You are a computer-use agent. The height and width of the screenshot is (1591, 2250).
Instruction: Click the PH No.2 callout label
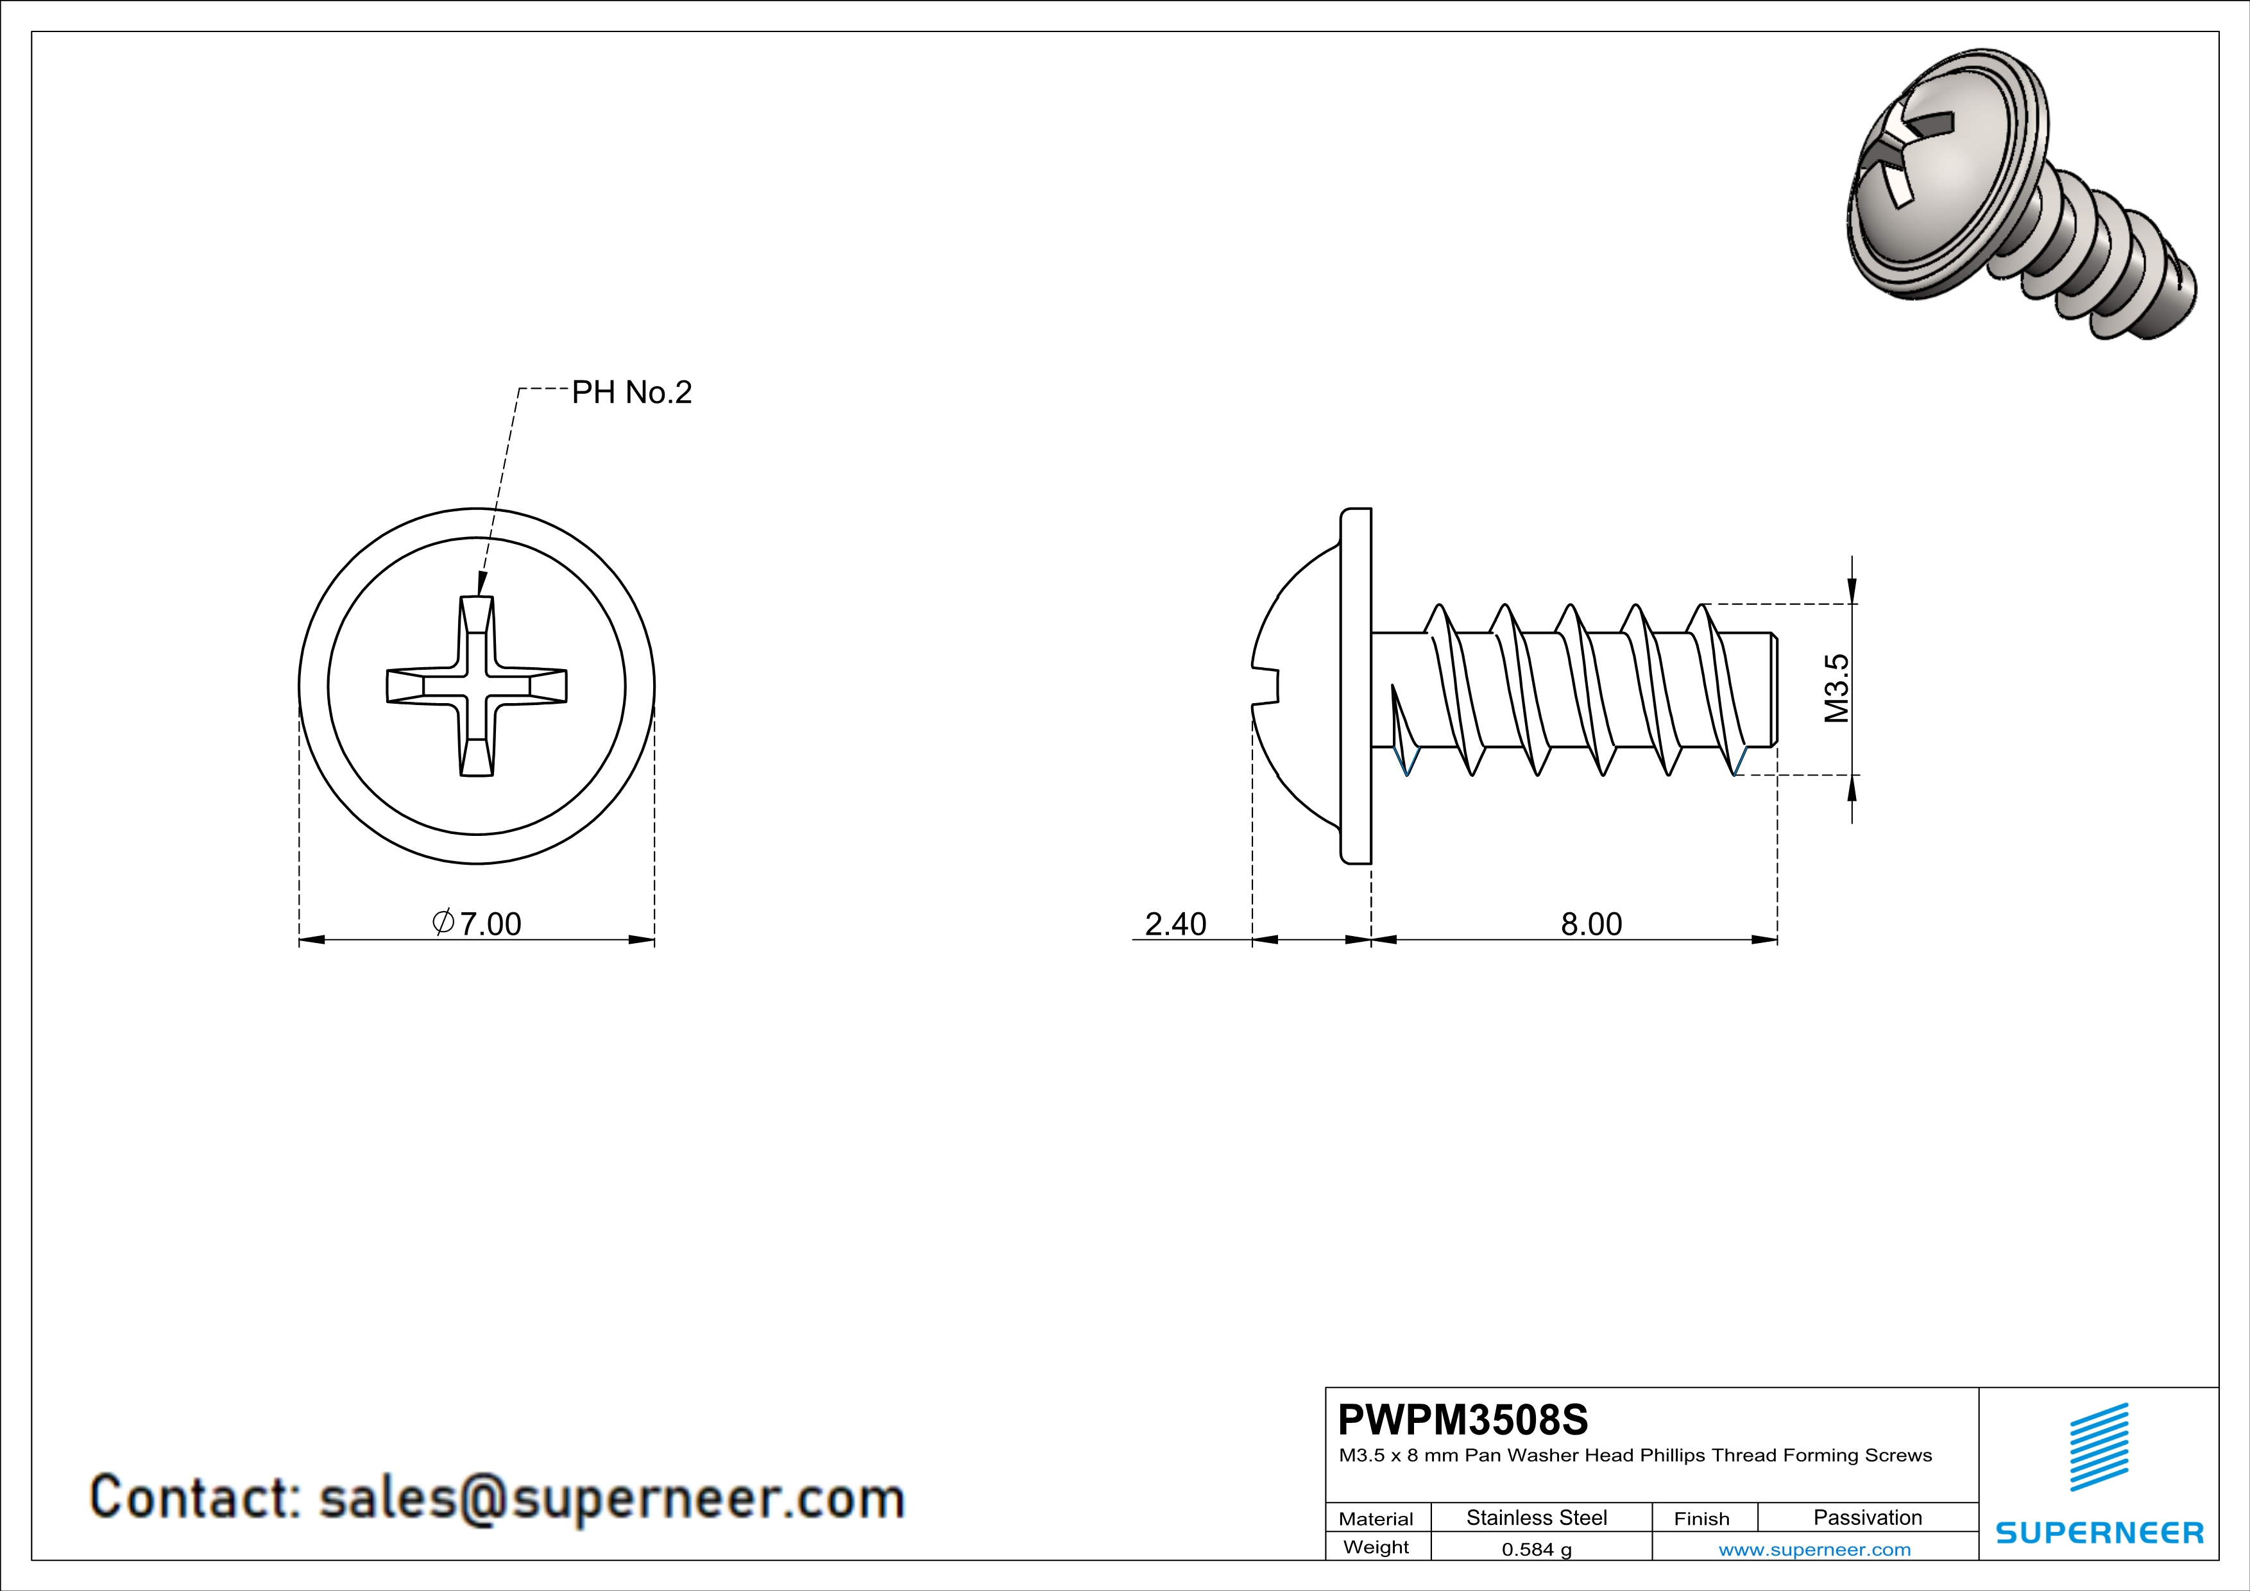tap(631, 393)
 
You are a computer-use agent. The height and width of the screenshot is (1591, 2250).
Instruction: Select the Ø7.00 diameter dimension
tap(477, 923)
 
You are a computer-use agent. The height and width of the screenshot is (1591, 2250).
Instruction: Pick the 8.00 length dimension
tap(1590, 923)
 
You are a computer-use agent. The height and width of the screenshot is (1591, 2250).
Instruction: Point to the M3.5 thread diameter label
tap(1836, 689)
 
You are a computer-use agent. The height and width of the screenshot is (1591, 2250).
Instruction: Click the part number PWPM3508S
tap(1462, 1420)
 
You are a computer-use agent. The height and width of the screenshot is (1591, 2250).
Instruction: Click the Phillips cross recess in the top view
tap(476, 686)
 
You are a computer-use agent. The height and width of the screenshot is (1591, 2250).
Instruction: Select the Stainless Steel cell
tap(1535, 1517)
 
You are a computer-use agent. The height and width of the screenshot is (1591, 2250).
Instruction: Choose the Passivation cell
tap(1867, 1517)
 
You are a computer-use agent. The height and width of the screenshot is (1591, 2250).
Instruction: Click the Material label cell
tap(1376, 1519)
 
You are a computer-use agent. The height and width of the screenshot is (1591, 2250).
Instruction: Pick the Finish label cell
tap(1701, 1519)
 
